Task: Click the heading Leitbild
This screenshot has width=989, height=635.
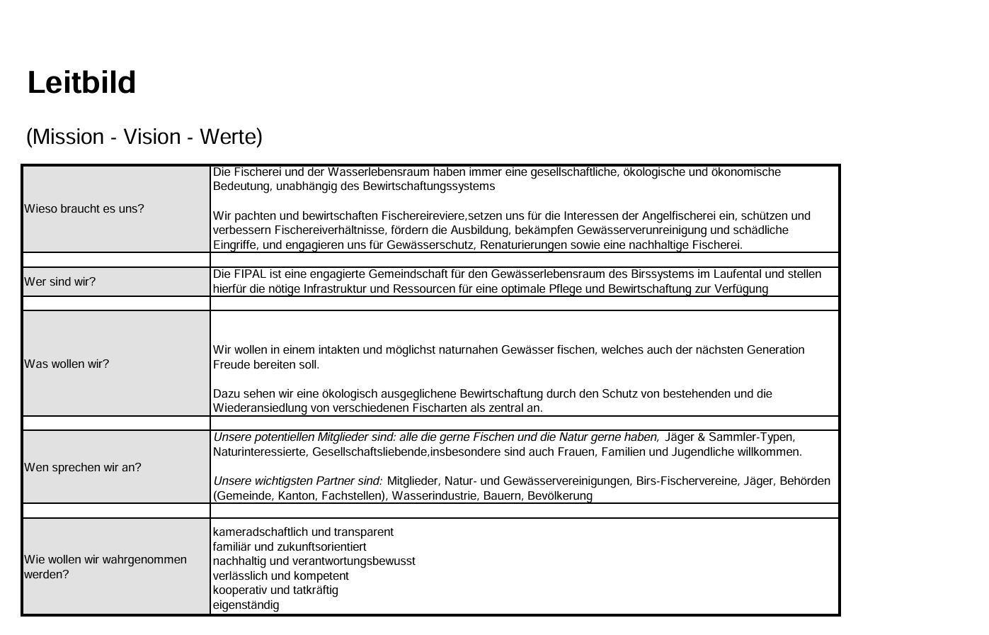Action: pyautogui.click(x=81, y=83)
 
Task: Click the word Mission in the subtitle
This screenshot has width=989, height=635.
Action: pyautogui.click(x=68, y=137)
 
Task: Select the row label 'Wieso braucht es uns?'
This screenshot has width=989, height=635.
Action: pyautogui.click(x=84, y=208)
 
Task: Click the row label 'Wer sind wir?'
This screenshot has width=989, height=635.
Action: pyautogui.click(x=60, y=281)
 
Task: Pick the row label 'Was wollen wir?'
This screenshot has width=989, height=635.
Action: pyautogui.click(x=67, y=364)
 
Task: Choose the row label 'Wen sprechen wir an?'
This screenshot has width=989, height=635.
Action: pyautogui.click(x=83, y=467)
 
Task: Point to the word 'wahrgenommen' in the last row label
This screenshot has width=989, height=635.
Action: pyautogui.click(x=147, y=559)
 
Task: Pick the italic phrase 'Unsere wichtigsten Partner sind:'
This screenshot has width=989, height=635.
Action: pyautogui.click(x=298, y=481)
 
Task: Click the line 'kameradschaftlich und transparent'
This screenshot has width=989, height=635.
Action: pyautogui.click(x=303, y=532)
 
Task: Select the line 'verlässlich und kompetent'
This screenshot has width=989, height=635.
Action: pyautogui.click(x=280, y=575)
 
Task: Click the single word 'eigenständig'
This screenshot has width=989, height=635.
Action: pyautogui.click(x=246, y=605)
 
